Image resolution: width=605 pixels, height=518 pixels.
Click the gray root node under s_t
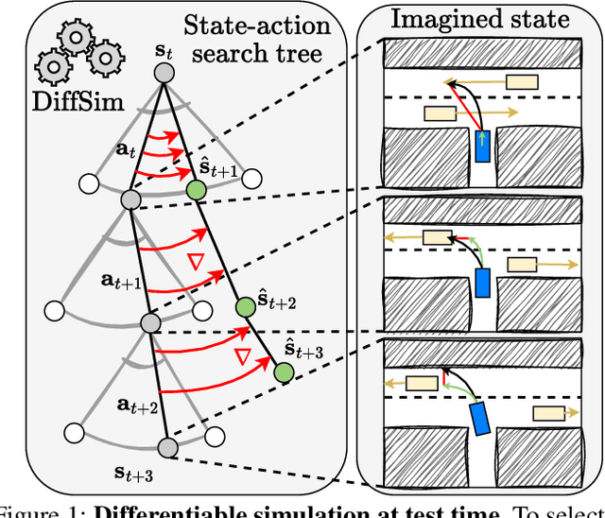coord(165,72)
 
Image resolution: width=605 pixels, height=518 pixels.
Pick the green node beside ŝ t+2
coord(244,305)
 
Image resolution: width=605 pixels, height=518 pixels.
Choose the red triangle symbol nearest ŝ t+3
coord(241,356)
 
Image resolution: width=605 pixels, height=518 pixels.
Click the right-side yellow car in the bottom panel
coord(550,413)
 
